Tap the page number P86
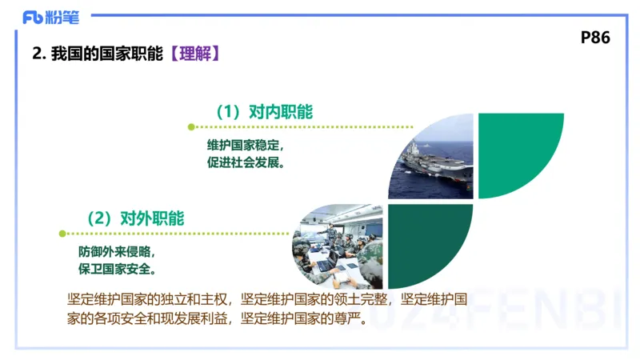(x=595, y=38)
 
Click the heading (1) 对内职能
(x=263, y=112)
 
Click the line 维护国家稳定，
(x=246, y=146)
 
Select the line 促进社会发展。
(x=246, y=162)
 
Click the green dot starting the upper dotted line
(x=190, y=126)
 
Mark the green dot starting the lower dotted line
(x=62, y=234)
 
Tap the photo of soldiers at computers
(x=340, y=248)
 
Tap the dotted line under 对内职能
(x=304, y=126)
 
